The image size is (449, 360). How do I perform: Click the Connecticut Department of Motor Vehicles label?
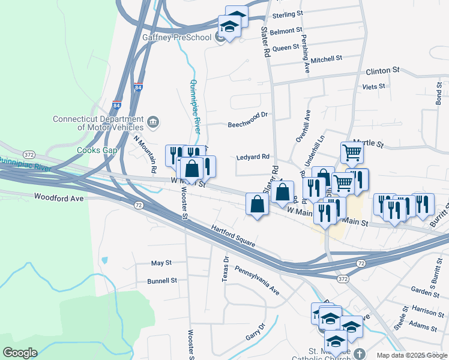(98, 122)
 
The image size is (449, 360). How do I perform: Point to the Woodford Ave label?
(58, 197)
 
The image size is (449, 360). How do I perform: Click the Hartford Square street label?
(234, 236)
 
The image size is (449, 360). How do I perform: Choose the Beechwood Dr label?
(247, 124)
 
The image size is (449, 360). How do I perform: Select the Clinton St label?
(382, 71)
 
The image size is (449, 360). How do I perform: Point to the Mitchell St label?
(326, 59)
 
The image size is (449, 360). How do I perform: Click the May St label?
(161, 263)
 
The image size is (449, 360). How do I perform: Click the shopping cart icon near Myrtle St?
(352, 152)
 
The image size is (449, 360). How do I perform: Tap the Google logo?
(20, 353)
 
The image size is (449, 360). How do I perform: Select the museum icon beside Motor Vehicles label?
(153, 122)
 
